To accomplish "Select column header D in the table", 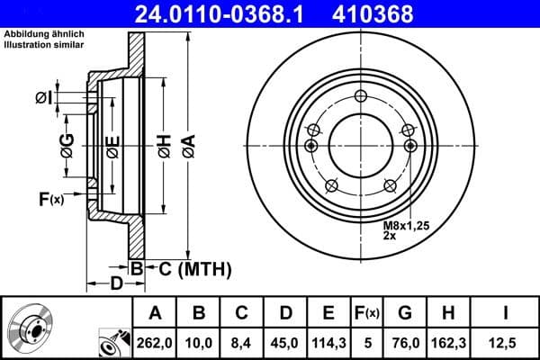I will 285,312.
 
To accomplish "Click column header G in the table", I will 405,312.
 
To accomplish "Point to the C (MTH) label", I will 189,268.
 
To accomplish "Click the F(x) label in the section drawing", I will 51,199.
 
